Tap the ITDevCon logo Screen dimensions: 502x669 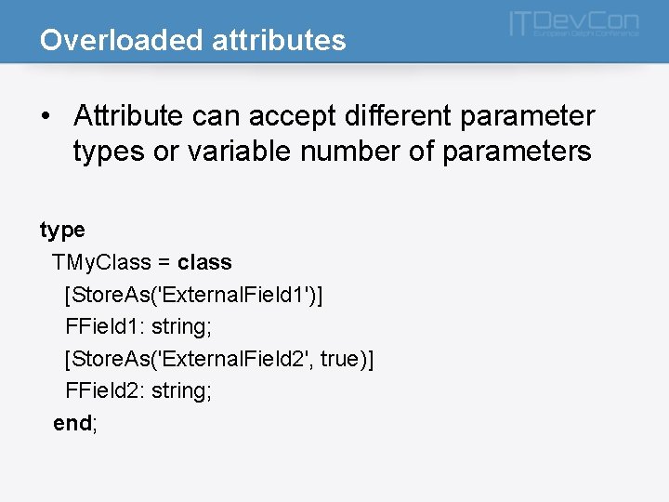(x=573, y=24)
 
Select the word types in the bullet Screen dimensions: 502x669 (x=108, y=152)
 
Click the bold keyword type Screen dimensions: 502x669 (x=62, y=230)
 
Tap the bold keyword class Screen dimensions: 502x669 (x=204, y=262)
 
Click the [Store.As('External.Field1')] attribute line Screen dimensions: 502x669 (x=194, y=295)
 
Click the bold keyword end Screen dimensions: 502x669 (x=72, y=423)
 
